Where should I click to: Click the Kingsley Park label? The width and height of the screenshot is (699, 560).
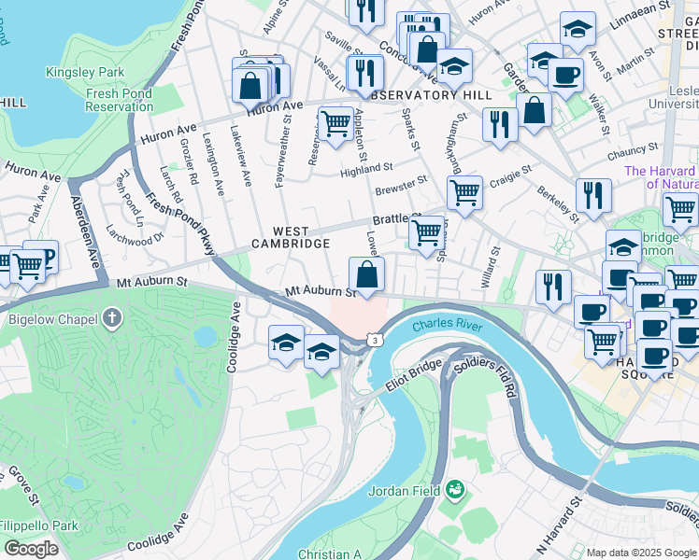tap(85, 72)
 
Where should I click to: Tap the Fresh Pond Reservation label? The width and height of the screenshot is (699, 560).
tap(119, 100)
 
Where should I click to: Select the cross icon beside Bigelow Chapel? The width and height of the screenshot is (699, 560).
tap(111, 319)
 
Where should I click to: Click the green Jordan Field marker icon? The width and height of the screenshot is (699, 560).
tap(455, 488)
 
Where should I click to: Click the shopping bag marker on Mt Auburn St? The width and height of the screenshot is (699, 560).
tap(367, 276)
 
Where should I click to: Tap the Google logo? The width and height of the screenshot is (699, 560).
tap(31, 548)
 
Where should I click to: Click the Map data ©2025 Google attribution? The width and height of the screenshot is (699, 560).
tap(641, 553)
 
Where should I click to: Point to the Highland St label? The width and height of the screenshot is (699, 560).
tap(366, 169)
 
